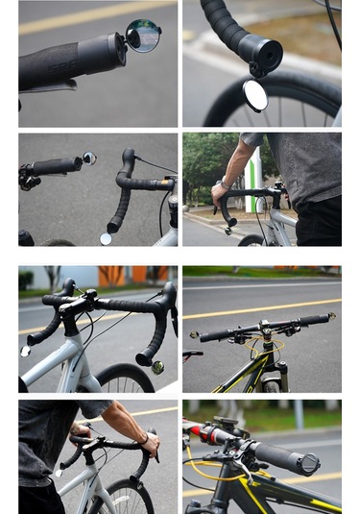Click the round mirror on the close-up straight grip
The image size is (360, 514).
144,37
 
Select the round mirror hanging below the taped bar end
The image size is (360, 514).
255,94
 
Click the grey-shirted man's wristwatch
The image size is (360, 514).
224,183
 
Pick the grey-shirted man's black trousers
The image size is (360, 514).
318,221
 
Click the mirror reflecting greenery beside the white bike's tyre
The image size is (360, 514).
157,367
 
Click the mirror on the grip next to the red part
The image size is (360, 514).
309,464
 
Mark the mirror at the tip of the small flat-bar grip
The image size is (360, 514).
88,158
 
